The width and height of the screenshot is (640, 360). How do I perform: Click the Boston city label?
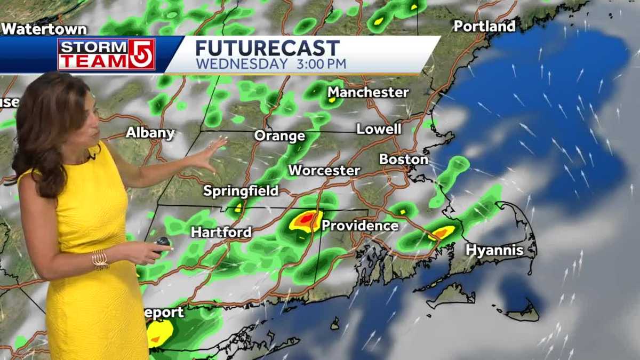tap(403, 159)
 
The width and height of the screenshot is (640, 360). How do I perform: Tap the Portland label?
tap(484, 26)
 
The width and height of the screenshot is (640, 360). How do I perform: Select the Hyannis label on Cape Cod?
tap(494, 250)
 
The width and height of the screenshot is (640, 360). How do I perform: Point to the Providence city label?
tap(359, 226)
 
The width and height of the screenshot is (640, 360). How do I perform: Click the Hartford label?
tap(221, 232)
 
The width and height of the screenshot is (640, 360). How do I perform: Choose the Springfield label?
tap(241, 191)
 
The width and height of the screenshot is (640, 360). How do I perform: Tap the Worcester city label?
tap(324, 171)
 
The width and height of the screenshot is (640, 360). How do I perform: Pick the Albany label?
tap(150, 132)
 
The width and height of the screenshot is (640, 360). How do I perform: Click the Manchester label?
tap(368, 92)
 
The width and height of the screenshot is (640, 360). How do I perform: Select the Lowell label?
tap(379, 129)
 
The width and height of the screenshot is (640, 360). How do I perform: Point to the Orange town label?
tap(279, 135)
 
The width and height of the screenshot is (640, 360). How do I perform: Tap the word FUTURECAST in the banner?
tap(267, 48)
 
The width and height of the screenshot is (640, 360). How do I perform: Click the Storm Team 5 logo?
tap(106, 54)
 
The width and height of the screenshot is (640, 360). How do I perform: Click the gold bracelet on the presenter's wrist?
tap(100, 259)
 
